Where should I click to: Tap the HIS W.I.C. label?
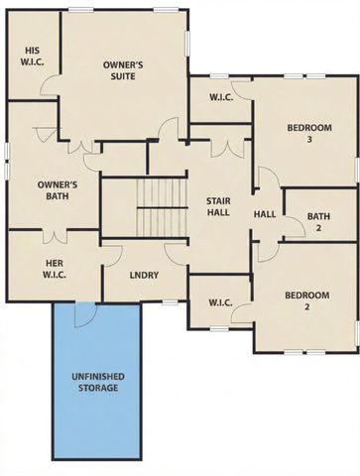coord(29,55)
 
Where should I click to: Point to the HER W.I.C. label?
coord(55,269)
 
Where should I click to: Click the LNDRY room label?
coord(146,276)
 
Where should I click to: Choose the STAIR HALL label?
coord(218,205)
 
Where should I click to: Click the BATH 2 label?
coord(317,221)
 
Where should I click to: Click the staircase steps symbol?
coord(161,206)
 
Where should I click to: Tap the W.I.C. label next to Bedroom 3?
coord(220,97)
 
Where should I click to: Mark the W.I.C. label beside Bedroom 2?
coord(220,303)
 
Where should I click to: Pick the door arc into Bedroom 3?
coord(263,179)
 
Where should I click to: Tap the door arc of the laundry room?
coord(175,253)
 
